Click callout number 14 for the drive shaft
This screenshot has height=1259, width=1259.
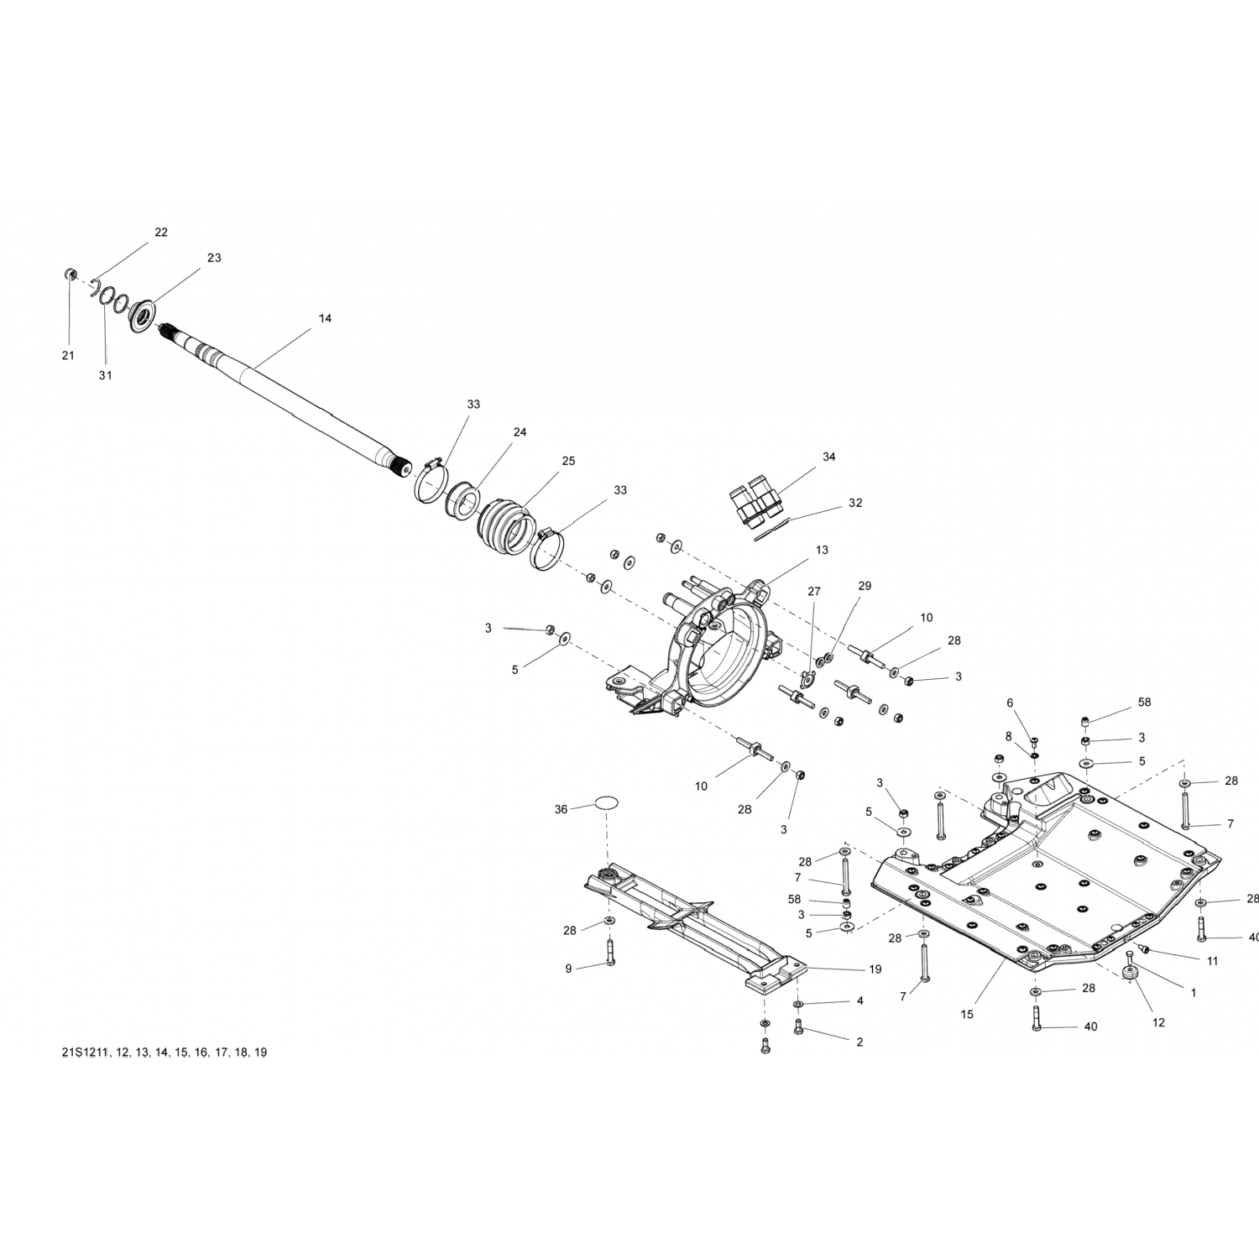(325, 318)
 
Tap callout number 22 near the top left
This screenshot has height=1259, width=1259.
(161, 232)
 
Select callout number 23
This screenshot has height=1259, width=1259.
(214, 258)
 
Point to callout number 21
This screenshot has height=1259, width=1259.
(68, 355)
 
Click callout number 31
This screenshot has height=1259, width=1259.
(105, 375)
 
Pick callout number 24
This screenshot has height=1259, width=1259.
(520, 432)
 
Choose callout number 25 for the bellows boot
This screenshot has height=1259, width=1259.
(568, 461)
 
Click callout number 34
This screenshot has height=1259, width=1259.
(829, 457)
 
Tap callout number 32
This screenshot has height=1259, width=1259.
(855, 503)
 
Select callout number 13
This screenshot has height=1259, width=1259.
(822, 550)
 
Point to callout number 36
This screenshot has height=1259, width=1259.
(562, 809)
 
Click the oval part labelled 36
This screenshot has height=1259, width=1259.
(607, 803)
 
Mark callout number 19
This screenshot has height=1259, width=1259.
(875, 969)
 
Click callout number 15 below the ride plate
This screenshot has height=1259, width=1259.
(967, 1015)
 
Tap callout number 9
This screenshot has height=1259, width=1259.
(568, 969)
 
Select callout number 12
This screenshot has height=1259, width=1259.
(1159, 1023)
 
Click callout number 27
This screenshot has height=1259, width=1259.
(813, 592)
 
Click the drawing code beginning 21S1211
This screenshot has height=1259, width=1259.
(164, 1053)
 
